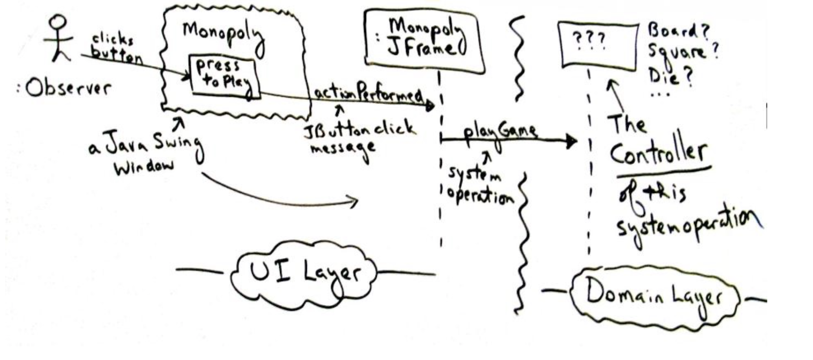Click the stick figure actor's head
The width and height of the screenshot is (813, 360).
[58, 22]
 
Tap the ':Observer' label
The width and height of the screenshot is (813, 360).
[64, 88]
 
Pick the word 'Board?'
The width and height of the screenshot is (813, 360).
[677, 31]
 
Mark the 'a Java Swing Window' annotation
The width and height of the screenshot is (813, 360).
[146, 153]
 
